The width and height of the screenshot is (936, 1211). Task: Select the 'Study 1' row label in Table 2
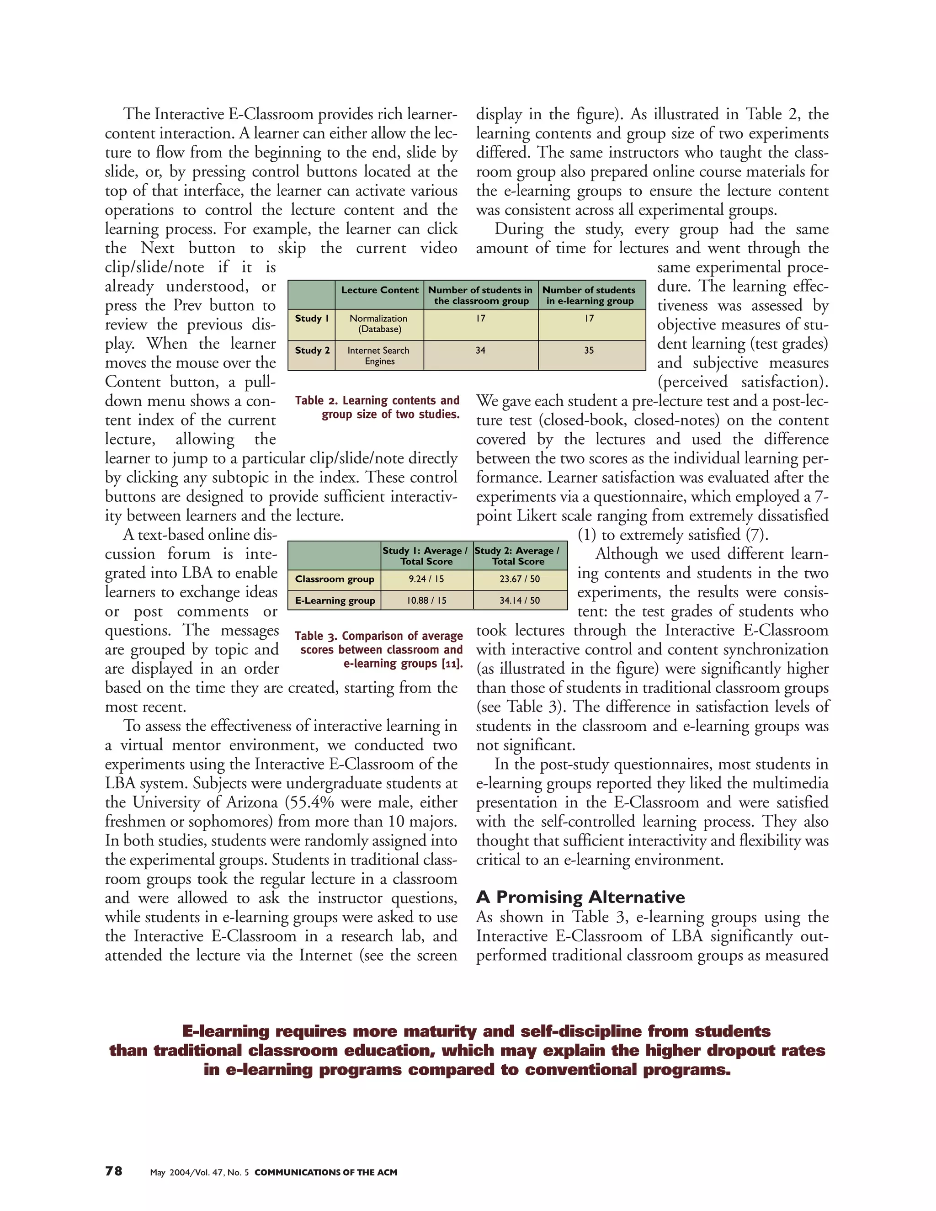(x=312, y=318)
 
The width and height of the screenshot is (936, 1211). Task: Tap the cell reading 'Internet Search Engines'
(x=379, y=356)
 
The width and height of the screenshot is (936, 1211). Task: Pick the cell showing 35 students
(x=589, y=351)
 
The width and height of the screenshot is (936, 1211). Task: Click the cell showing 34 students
(x=480, y=351)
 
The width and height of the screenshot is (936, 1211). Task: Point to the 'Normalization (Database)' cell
(x=379, y=323)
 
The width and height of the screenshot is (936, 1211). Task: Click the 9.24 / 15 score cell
(x=426, y=579)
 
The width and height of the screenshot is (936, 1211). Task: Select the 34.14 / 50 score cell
(x=519, y=600)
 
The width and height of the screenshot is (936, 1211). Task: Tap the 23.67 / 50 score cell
(x=519, y=579)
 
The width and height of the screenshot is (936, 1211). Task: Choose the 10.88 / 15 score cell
(x=426, y=600)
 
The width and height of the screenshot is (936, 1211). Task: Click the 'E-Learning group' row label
(x=335, y=600)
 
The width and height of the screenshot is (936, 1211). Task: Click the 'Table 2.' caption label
(x=316, y=400)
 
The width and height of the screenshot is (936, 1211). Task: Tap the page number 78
(x=114, y=1171)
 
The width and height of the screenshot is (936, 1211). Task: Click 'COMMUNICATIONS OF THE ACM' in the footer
(x=325, y=1173)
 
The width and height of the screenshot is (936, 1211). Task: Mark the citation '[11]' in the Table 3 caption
(x=452, y=664)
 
